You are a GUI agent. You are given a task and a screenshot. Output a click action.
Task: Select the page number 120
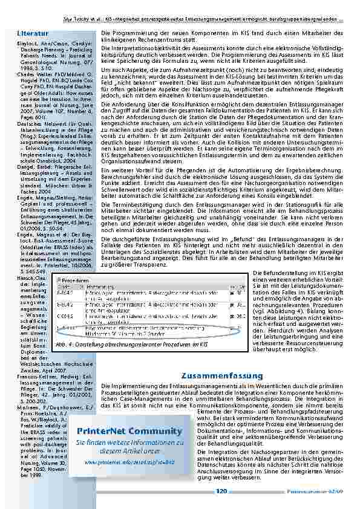[221, 492]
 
